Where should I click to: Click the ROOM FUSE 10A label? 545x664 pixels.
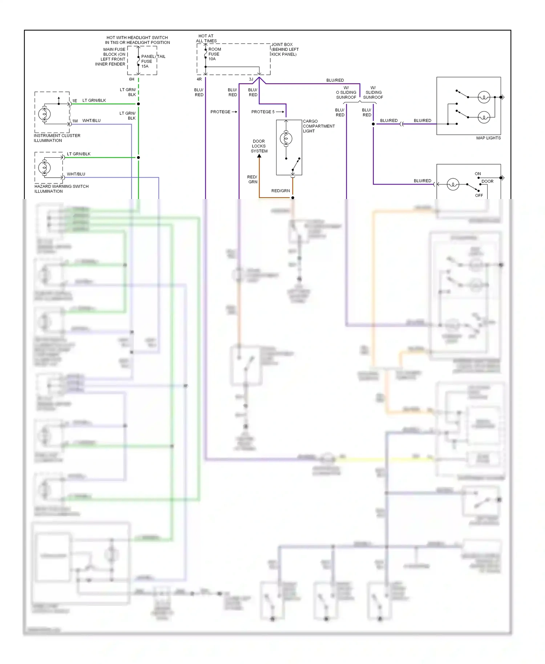click(x=214, y=54)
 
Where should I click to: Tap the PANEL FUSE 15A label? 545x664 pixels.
click(x=147, y=61)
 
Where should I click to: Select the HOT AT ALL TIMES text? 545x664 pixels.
click(x=206, y=39)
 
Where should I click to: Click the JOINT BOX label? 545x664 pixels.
click(x=284, y=49)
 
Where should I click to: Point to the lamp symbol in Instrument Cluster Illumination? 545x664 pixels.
click(x=45, y=114)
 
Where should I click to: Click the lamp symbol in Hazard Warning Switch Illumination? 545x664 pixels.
click(x=45, y=167)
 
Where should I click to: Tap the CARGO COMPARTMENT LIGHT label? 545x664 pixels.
click(x=318, y=126)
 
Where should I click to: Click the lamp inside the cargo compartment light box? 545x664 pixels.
click(x=286, y=138)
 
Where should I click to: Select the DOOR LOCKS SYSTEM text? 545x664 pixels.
click(x=259, y=146)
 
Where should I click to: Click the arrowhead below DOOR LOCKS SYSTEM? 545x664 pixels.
click(x=259, y=156)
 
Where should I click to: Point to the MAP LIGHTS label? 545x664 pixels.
click(x=488, y=138)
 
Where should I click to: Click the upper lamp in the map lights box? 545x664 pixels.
click(x=484, y=97)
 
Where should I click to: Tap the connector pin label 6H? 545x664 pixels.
click(x=132, y=79)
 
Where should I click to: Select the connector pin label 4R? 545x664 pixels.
click(x=199, y=79)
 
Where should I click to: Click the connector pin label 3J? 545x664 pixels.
click(x=251, y=79)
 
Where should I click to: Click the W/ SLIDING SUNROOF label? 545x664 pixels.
click(x=373, y=93)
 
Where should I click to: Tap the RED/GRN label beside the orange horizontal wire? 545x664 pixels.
click(x=280, y=191)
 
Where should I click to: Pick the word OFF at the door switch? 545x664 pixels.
click(x=479, y=195)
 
